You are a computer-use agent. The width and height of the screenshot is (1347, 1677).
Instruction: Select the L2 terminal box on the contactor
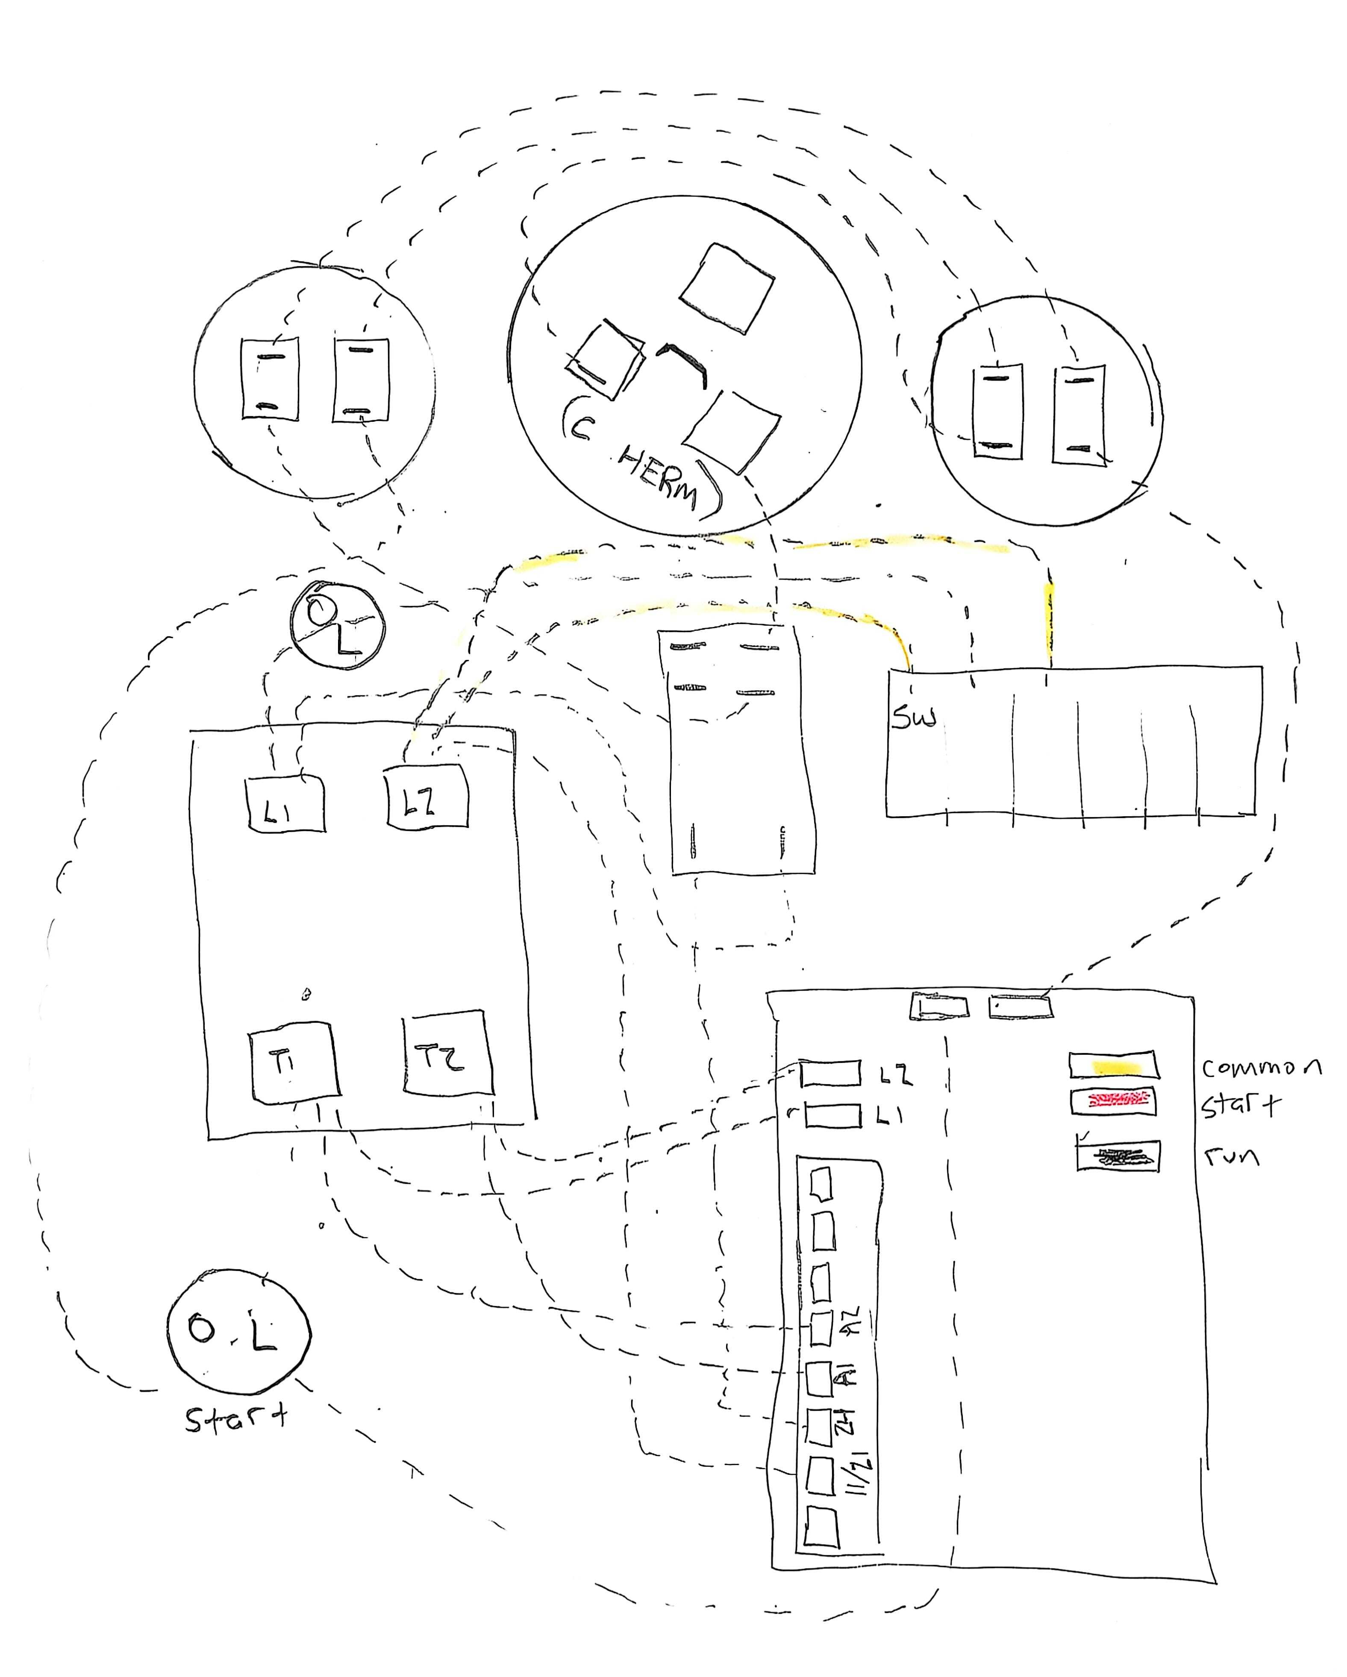pyautogui.click(x=427, y=797)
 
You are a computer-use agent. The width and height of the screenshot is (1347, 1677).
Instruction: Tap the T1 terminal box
pyautogui.click(x=293, y=1062)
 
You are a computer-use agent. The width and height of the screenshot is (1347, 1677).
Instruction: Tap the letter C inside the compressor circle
pyautogui.click(x=580, y=426)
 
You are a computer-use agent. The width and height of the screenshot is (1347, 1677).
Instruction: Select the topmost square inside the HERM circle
pyautogui.click(x=726, y=288)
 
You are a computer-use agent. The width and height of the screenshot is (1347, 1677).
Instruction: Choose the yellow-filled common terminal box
pyautogui.click(x=1113, y=1065)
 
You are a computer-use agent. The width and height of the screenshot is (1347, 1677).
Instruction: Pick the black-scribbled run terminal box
pyautogui.click(x=1118, y=1156)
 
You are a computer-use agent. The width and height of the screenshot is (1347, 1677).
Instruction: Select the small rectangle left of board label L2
pyautogui.click(x=830, y=1074)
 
